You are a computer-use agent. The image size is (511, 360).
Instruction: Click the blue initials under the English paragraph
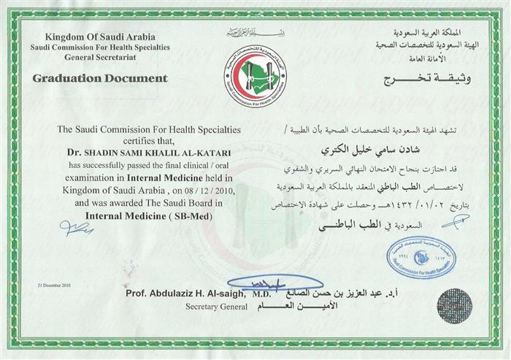click(77, 230)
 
